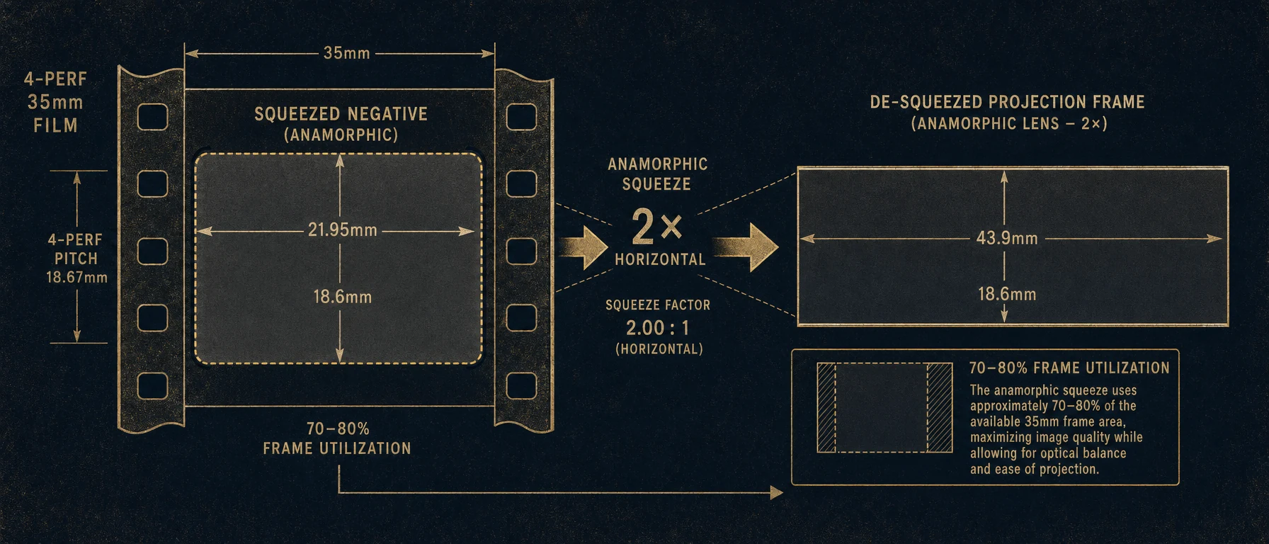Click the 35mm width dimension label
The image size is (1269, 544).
[346, 53]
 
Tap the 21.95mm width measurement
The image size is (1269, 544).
[342, 230]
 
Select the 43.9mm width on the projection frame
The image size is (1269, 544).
[1007, 238]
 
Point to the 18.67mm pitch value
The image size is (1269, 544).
[76, 277]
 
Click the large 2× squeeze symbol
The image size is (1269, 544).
[656, 227]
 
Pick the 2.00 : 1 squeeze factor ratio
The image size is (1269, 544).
[657, 328]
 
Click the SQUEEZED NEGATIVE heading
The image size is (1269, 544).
[341, 114]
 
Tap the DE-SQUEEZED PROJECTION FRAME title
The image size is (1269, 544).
[1007, 102]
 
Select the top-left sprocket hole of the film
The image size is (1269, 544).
[152, 117]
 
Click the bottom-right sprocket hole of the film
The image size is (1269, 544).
[522, 386]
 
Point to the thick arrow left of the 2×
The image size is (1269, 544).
[584, 247]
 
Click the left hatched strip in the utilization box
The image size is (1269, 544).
[826, 408]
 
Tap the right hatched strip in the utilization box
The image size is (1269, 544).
[940, 408]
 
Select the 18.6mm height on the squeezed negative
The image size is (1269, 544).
[343, 297]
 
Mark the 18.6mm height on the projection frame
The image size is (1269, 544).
[1007, 294]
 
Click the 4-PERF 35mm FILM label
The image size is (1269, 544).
[55, 102]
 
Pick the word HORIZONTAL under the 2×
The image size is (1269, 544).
[660, 259]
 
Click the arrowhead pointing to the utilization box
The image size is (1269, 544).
[777, 492]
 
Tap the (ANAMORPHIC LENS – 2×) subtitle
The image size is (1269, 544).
[1009, 123]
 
